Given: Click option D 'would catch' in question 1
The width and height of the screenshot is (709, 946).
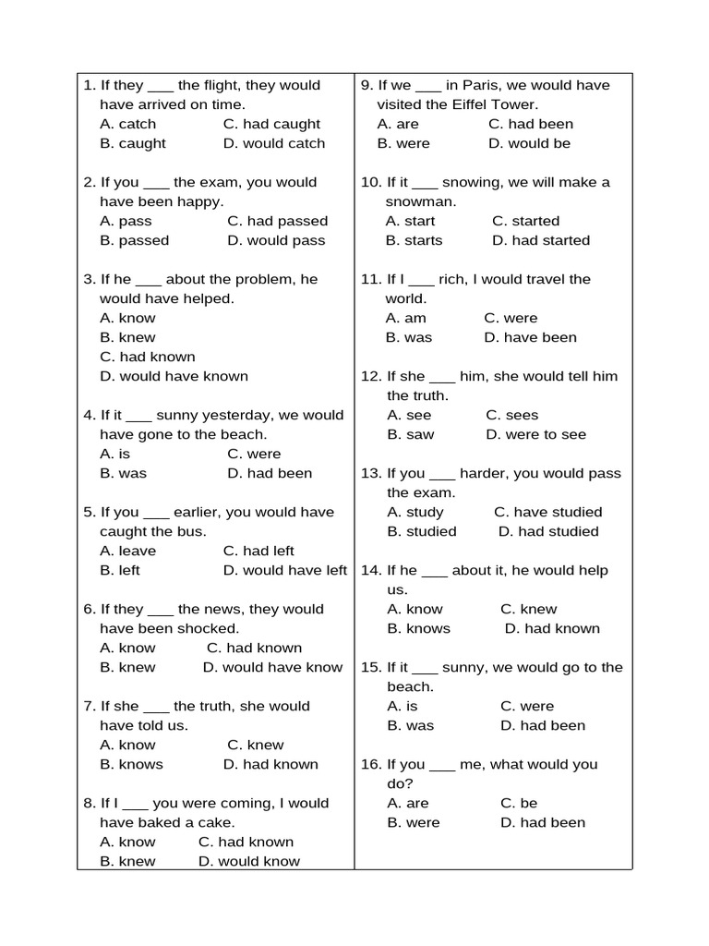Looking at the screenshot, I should click(274, 143).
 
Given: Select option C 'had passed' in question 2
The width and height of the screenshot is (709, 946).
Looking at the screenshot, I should click(277, 221).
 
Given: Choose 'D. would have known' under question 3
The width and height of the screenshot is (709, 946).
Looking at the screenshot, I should click(174, 376).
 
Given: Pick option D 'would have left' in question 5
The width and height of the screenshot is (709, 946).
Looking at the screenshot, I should click(285, 570).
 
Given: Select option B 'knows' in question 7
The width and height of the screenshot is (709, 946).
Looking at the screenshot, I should click(131, 764).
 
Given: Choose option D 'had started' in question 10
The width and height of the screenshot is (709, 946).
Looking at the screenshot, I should click(541, 240).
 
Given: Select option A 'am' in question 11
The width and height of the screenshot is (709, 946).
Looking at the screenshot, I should click(406, 318).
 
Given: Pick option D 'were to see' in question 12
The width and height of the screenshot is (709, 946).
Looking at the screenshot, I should click(535, 434).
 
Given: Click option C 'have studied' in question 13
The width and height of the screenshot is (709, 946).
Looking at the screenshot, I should click(547, 512).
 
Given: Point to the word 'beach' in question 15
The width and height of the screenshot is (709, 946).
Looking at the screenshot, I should click(409, 686).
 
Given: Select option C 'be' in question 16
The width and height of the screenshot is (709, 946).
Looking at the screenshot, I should click(519, 803).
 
